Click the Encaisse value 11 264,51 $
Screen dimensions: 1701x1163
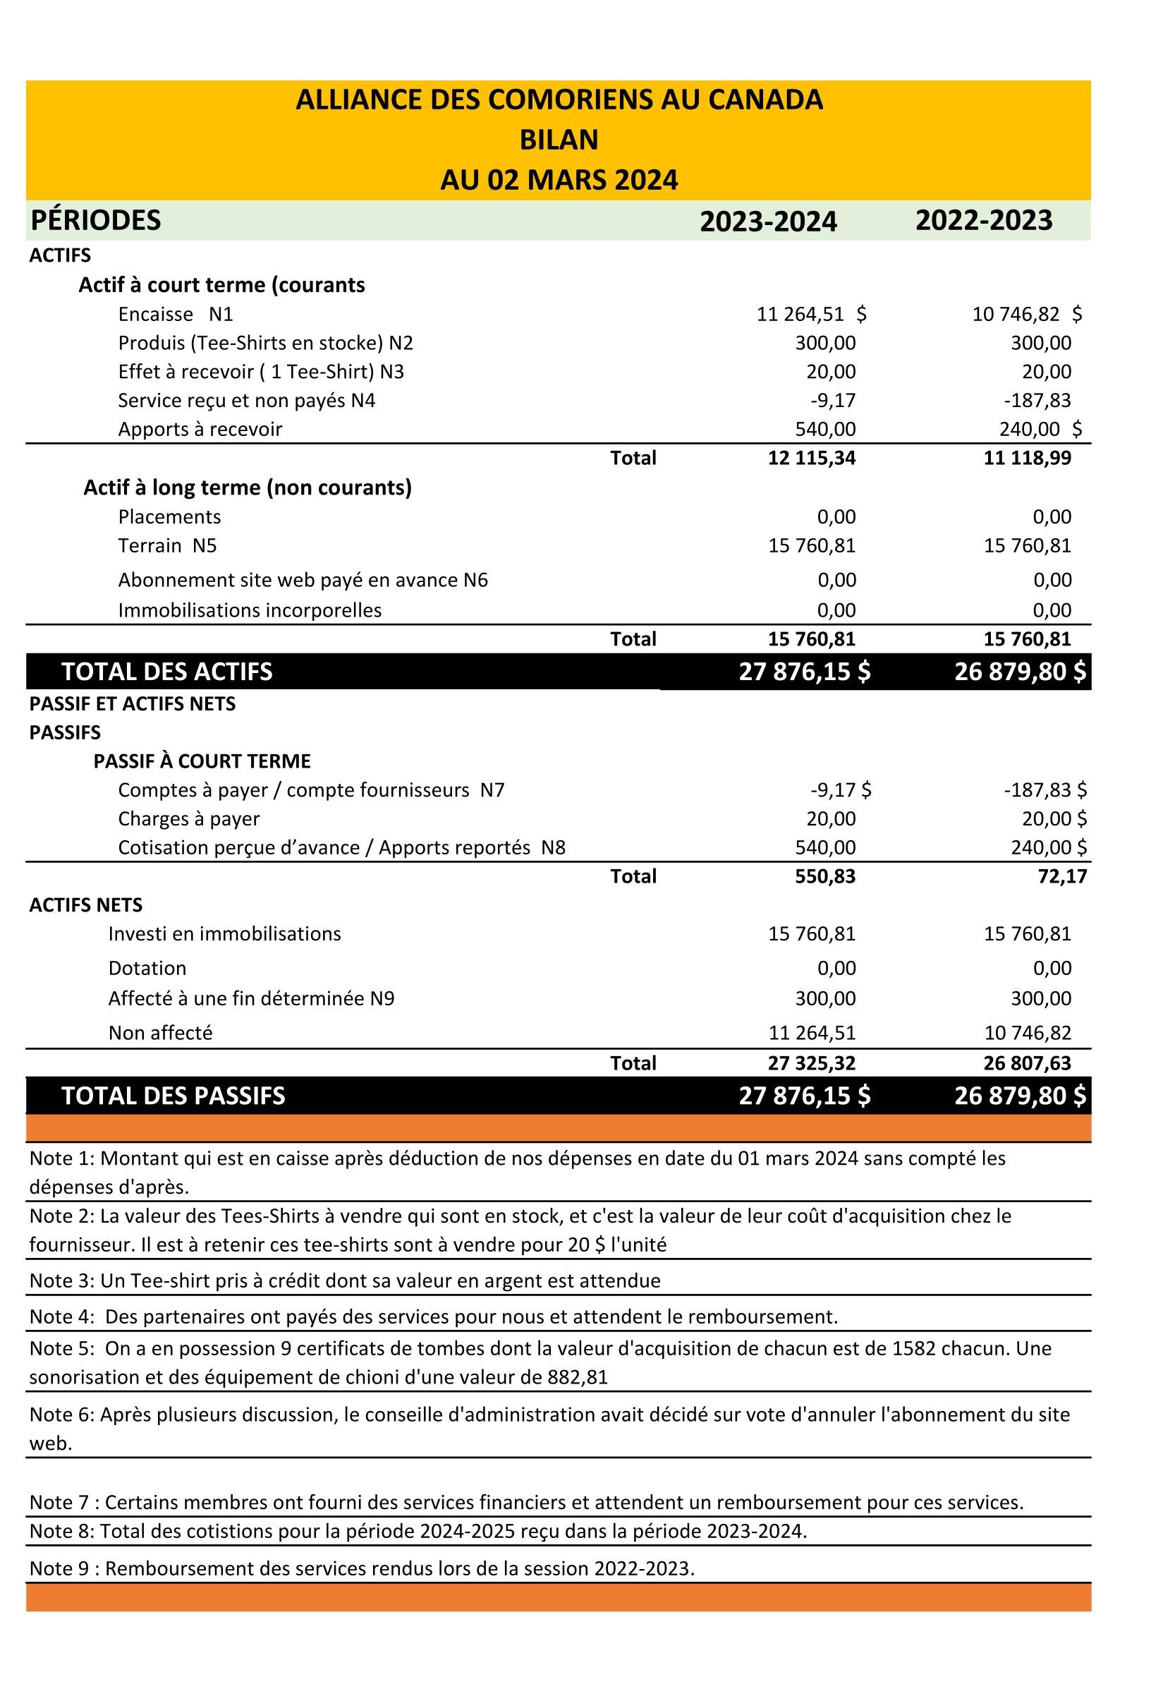[811, 315]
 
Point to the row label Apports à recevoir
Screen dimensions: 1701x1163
[200, 429]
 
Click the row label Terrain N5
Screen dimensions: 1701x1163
[168, 545]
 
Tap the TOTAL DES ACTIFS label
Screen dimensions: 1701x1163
[167, 672]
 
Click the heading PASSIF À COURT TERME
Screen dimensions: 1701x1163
[202, 761]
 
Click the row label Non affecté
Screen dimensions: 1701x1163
[160, 1033]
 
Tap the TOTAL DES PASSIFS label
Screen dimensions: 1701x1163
[173, 1096]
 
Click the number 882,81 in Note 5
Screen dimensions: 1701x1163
[578, 1376]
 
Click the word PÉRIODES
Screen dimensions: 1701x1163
[96, 220]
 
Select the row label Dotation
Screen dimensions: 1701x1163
[147, 969]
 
